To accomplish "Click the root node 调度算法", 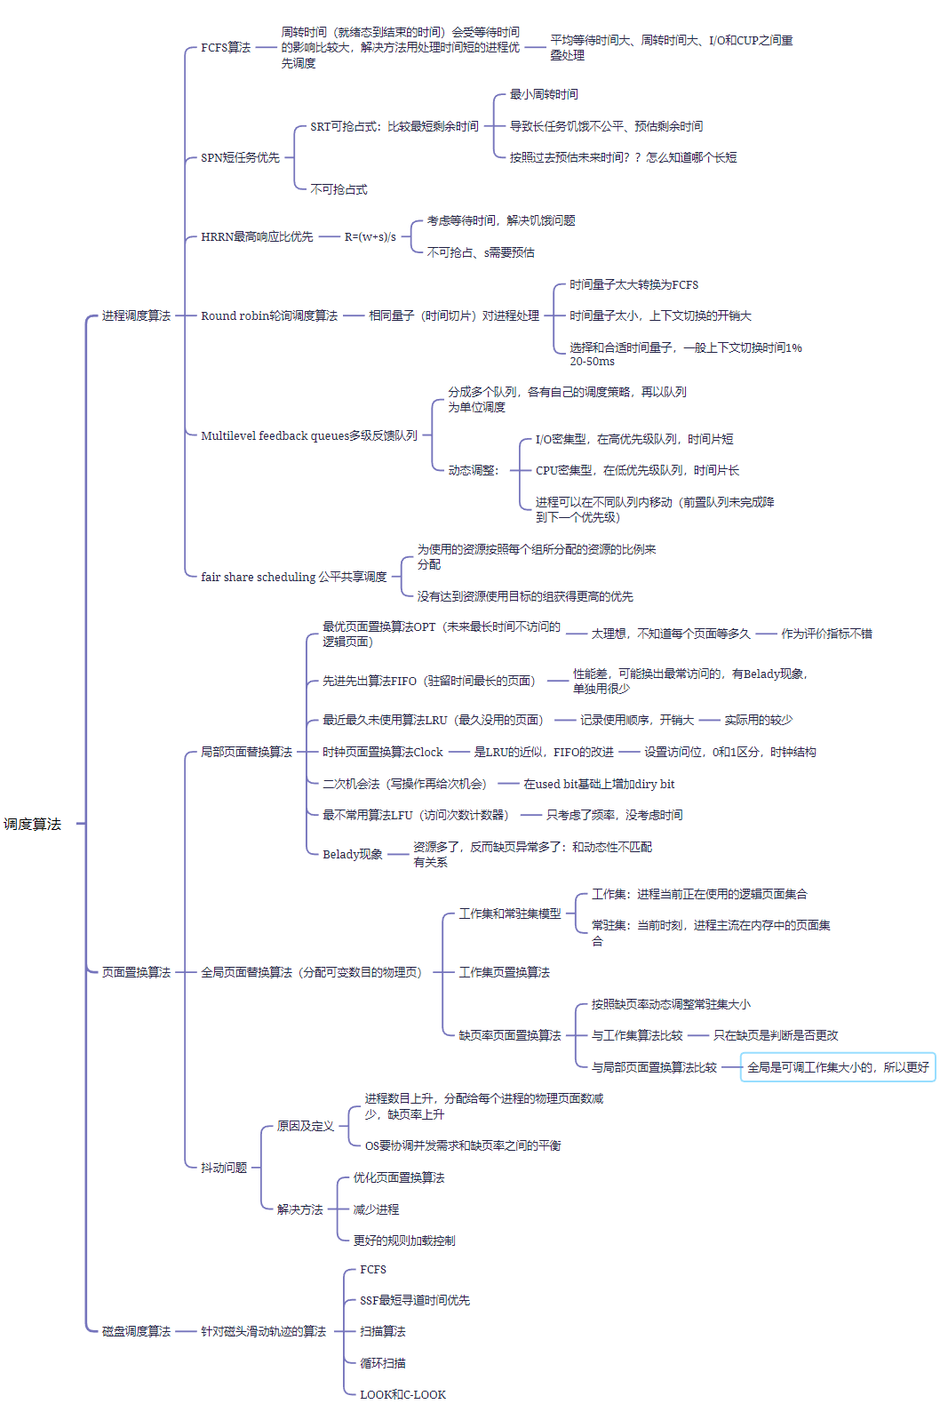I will pyautogui.click(x=33, y=824).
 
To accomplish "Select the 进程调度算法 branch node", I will pyautogui.click(x=136, y=315).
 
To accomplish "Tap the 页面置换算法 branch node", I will pyautogui.click(x=136, y=972).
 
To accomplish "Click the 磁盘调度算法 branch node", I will pyautogui.click(x=136, y=1331).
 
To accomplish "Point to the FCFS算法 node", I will pyautogui.click(x=226, y=47).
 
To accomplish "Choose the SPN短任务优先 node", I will pyautogui.click(x=240, y=157).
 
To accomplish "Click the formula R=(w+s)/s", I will pyautogui.click(x=370, y=237).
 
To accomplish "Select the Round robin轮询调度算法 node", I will pyautogui.click(x=269, y=315).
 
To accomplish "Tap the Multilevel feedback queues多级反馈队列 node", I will pyautogui.click(x=309, y=435).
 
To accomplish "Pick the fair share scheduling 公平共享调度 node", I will pyautogui.click(x=294, y=577).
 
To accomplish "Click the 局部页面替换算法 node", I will pyautogui.click(x=246, y=752).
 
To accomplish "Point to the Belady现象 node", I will pyautogui.click(x=353, y=854).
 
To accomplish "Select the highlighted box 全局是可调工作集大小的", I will pyautogui.click(x=838, y=1067).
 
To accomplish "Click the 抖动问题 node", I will pyautogui.click(x=224, y=1168).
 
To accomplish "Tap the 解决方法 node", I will pyautogui.click(x=300, y=1209).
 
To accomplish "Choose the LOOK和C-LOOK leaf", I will pyautogui.click(x=402, y=1394).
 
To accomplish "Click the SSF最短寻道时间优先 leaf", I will pyautogui.click(x=415, y=1300).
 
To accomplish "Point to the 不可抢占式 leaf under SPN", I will pyautogui.click(x=339, y=189).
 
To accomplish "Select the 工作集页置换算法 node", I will pyautogui.click(x=504, y=972).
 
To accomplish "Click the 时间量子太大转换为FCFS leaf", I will pyautogui.click(x=633, y=284).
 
